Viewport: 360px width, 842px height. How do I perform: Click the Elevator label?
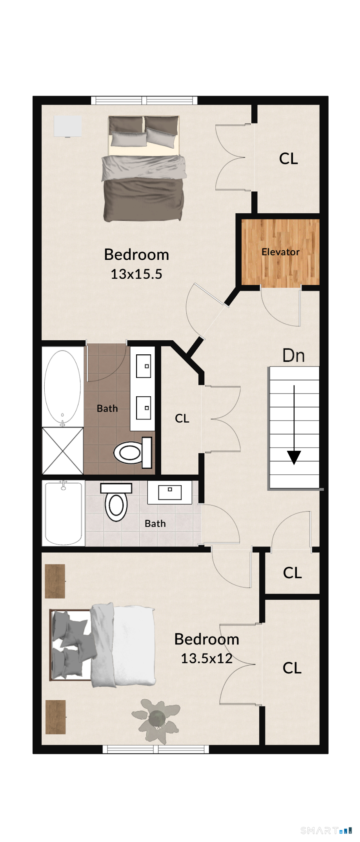coord(280,252)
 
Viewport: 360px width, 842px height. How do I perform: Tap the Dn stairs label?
coord(294,355)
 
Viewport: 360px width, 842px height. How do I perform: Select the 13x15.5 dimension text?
coord(136,274)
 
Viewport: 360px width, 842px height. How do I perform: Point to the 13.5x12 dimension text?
coord(207,658)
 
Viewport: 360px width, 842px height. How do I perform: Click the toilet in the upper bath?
coord(133,453)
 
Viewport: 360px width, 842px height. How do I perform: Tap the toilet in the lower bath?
coord(116,502)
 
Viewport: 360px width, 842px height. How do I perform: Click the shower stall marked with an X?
coord(63,451)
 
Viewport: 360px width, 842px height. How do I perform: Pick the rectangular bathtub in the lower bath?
coord(64,513)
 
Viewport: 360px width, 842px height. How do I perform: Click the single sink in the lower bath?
coord(170,492)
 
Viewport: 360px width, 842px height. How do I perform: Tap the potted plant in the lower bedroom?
coord(156,720)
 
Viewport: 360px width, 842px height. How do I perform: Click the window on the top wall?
coord(144,100)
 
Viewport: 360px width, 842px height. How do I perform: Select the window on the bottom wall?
coord(156,749)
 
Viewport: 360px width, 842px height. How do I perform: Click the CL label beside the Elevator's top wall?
coord(289,159)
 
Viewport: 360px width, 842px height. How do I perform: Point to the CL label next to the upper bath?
coord(182,418)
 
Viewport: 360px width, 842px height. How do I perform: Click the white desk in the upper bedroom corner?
coord(67,126)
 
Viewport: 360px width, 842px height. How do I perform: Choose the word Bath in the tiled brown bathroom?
coord(107,408)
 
